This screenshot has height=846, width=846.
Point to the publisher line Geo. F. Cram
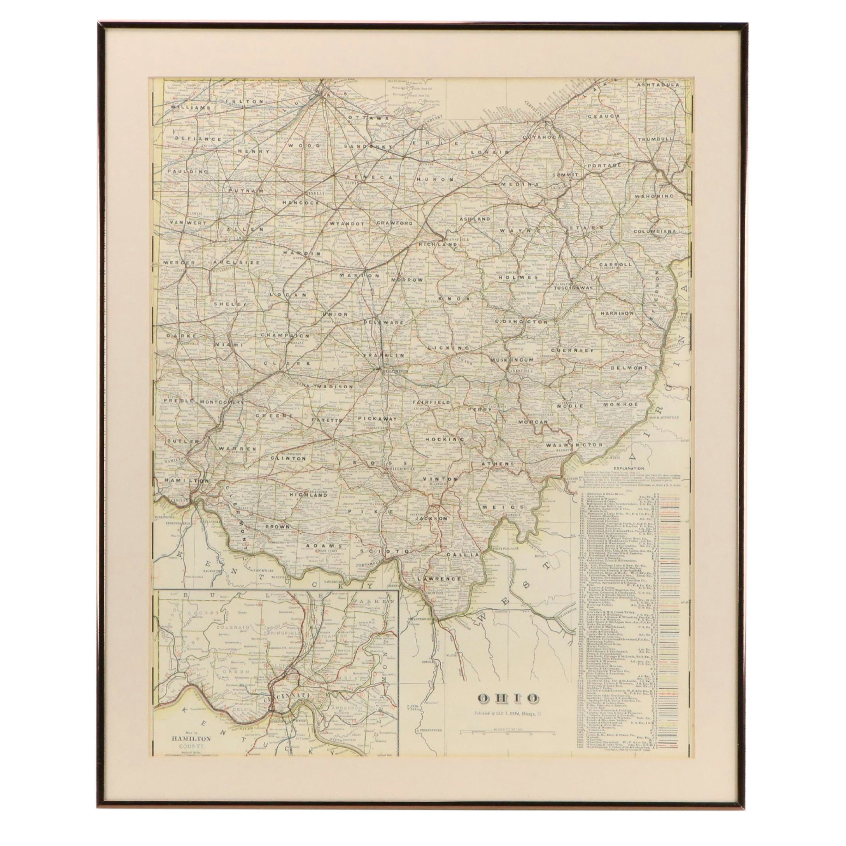[508, 725]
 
